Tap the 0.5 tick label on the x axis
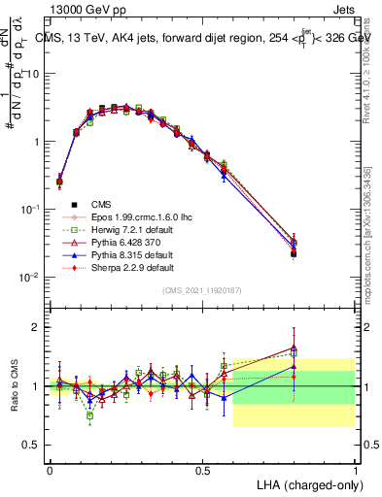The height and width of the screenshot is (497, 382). point(202,470)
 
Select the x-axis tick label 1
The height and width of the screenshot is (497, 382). point(356,470)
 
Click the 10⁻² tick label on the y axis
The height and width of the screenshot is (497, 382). point(30,277)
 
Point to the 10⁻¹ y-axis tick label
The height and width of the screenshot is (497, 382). point(30,209)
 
